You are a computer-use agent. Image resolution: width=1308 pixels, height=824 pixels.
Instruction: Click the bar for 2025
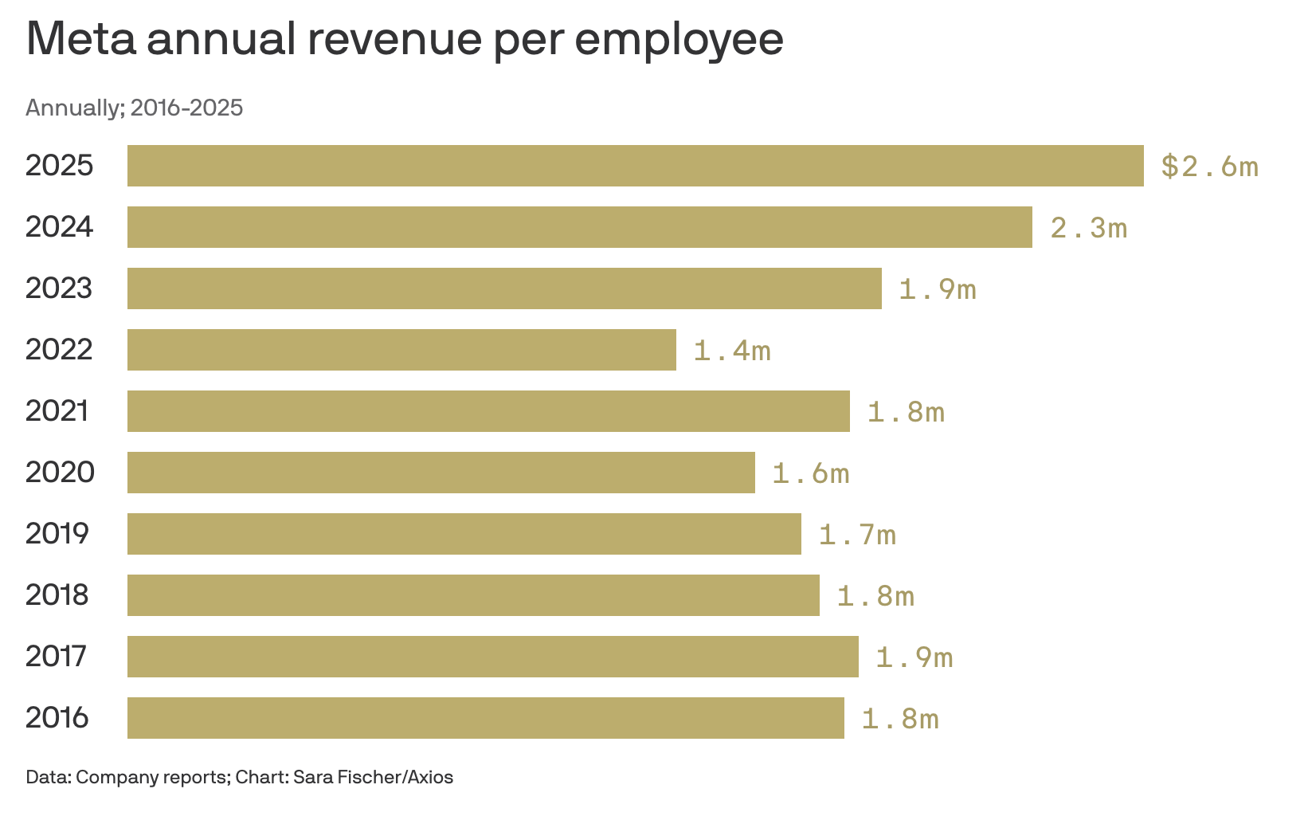tap(636, 166)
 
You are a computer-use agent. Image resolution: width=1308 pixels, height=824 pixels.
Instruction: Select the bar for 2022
tap(401, 350)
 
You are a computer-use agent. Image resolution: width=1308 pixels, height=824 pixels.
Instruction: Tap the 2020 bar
tap(441, 473)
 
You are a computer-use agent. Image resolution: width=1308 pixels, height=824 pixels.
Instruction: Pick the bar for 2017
tap(493, 657)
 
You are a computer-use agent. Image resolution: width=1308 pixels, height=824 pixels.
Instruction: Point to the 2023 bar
tap(504, 288)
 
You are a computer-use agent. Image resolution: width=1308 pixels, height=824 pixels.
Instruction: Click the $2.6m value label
tap(1209, 167)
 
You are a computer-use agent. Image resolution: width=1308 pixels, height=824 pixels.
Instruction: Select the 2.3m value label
tap(1088, 228)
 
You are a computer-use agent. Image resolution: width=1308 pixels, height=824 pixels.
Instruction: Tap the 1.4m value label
tap(732, 351)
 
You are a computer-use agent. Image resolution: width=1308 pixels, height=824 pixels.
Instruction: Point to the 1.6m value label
tap(811, 473)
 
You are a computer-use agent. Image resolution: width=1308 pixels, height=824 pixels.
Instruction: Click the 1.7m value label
tap(857, 535)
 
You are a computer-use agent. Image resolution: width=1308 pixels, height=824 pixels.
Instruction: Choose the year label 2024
tap(59, 226)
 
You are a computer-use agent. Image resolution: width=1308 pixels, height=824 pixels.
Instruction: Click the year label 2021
tap(57, 410)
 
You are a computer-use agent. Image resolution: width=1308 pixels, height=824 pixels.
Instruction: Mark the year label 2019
tap(57, 533)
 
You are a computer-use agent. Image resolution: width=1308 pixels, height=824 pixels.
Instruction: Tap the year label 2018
tap(57, 594)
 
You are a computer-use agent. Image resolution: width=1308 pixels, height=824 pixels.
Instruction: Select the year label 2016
tap(57, 717)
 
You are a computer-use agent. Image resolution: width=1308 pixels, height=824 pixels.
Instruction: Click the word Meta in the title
tap(81, 39)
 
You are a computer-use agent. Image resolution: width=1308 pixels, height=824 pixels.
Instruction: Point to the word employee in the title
tap(679, 41)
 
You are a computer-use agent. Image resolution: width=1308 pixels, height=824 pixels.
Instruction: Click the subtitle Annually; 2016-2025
tap(135, 108)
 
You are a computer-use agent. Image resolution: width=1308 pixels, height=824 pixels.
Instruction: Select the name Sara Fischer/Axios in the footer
tap(373, 777)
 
